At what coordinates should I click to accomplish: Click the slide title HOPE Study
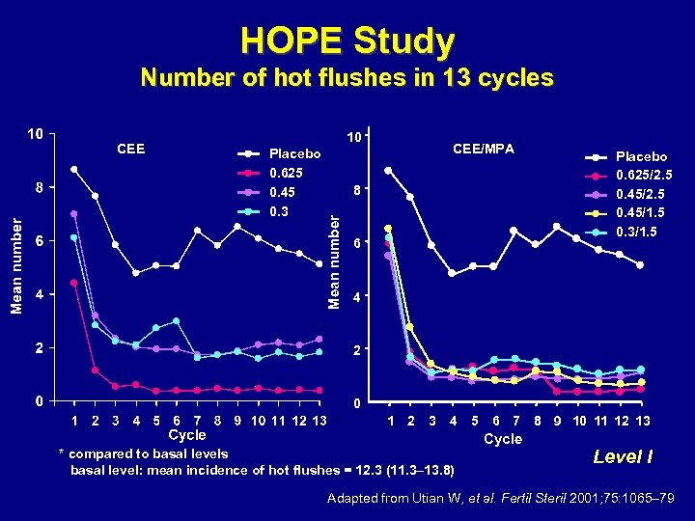coord(347,41)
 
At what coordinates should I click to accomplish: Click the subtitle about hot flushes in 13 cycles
coord(347,77)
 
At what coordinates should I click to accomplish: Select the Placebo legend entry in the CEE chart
coord(294,153)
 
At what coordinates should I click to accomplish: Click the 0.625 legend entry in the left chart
coord(286,173)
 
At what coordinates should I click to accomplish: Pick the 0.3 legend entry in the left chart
coord(279,209)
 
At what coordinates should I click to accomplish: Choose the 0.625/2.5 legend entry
coord(644,175)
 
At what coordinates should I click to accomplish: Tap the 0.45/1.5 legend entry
coord(644,212)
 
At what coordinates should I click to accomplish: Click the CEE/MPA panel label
coord(484,148)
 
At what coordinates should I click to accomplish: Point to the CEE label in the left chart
coord(130,148)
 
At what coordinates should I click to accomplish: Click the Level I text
coord(623,456)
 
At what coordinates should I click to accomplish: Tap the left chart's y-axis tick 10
coord(34,133)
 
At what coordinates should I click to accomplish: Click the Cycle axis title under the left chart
coord(187,435)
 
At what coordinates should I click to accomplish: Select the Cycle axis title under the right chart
coord(502,439)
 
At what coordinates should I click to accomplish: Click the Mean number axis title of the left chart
coord(16,263)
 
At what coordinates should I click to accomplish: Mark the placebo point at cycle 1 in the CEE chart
coord(74,170)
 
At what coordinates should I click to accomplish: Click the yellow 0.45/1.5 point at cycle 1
coord(388,229)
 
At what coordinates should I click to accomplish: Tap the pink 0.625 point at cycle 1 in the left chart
coord(74,283)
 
